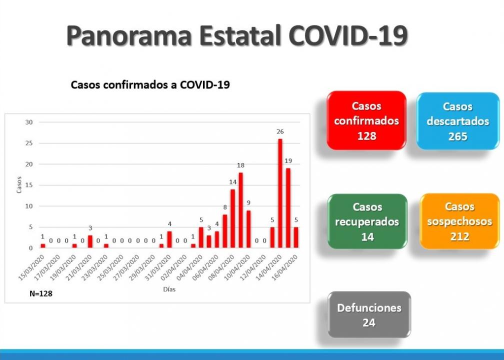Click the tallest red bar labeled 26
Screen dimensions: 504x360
(x=280, y=193)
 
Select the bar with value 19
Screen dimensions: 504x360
(x=288, y=208)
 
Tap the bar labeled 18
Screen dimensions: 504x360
(x=241, y=210)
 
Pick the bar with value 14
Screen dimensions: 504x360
(x=232, y=218)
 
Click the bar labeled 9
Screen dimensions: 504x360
(x=248, y=229)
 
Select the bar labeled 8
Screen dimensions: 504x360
(x=225, y=231)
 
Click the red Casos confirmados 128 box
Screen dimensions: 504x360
(x=366, y=120)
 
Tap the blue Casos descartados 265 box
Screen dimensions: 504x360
(x=457, y=121)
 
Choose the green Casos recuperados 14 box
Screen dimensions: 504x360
(x=367, y=221)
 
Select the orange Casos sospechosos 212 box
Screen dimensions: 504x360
(x=459, y=221)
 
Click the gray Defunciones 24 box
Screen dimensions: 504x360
(x=369, y=314)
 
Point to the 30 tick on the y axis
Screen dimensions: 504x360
(x=29, y=122)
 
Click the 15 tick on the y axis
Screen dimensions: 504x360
(x=29, y=185)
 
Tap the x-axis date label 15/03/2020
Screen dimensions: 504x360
(x=31, y=267)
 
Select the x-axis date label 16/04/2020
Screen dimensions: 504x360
(x=285, y=267)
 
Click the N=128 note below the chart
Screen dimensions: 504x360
(x=41, y=293)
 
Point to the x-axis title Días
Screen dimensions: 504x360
(x=169, y=289)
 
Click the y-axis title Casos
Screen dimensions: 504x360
(x=19, y=185)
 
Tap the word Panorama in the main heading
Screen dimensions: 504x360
(x=129, y=35)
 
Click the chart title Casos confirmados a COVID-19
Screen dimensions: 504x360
(x=150, y=85)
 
